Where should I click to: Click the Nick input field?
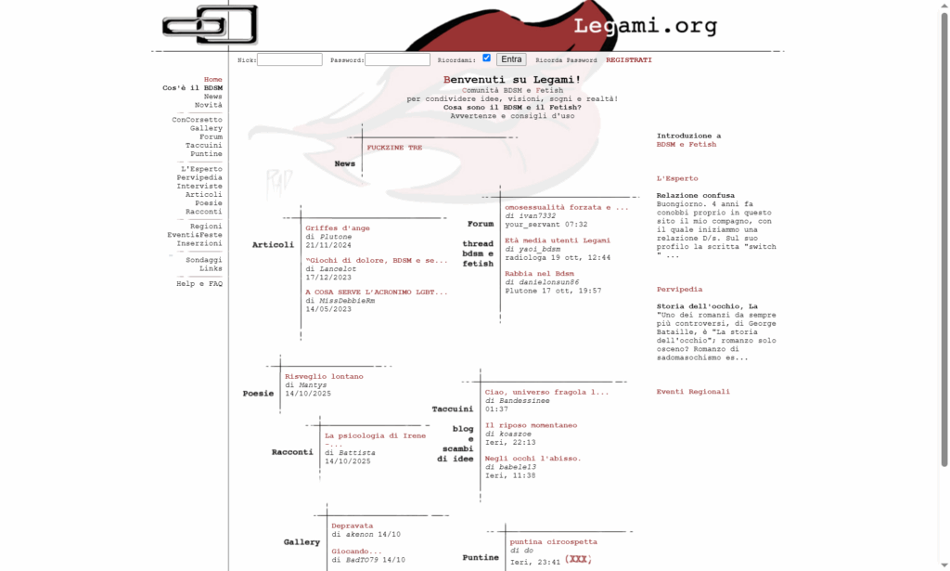pos(289,59)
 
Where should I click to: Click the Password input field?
pos(397,59)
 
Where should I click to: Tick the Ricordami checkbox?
pos(486,58)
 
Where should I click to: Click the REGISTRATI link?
pos(629,60)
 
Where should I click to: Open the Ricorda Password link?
pos(566,60)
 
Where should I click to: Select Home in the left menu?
pos(212,80)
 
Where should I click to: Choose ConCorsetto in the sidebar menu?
pos(197,120)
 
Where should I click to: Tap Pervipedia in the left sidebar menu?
pos(199,177)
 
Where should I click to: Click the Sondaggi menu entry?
pos(204,260)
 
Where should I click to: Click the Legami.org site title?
pos(645,26)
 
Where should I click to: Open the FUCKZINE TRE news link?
pos(394,148)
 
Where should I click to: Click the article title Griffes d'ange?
pos(338,227)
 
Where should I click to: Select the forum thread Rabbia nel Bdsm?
pos(540,274)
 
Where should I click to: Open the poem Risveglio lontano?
pos(324,376)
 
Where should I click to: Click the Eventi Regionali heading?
pos(693,392)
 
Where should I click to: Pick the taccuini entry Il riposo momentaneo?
pos(531,425)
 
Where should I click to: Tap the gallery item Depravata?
pos(352,526)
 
